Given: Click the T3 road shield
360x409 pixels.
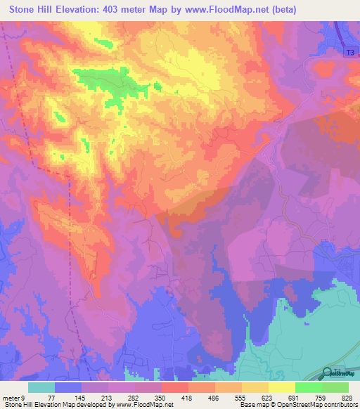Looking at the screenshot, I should pos(350,52).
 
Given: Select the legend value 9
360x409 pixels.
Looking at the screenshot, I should pos(23,397).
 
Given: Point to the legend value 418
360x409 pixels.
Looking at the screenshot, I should pos(188,397).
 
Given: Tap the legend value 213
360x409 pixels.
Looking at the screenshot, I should pos(108,397).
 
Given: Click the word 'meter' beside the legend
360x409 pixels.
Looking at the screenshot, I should pos(11,397).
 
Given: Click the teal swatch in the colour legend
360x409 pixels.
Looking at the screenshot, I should pos(41,387).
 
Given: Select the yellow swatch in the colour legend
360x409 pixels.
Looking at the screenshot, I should pos(281,387).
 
